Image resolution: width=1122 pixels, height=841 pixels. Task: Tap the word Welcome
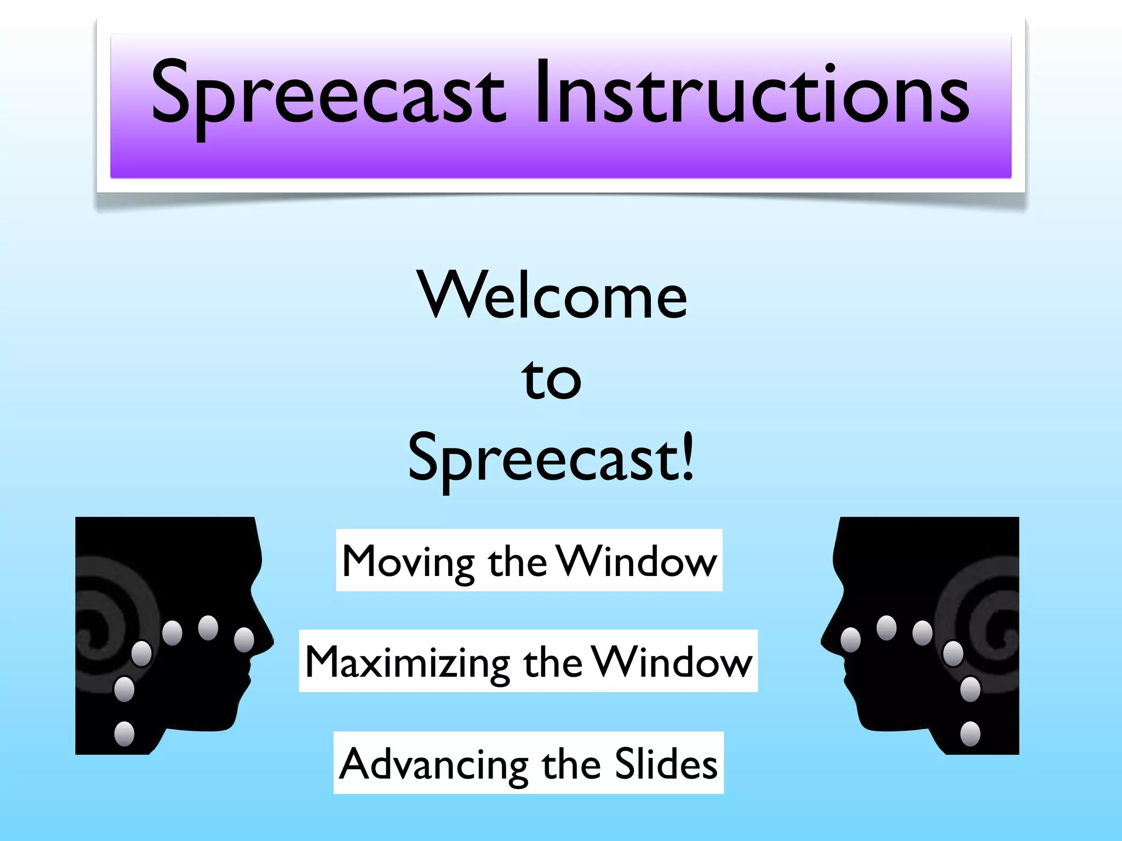coord(552,296)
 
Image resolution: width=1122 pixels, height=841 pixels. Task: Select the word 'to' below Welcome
coord(551,379)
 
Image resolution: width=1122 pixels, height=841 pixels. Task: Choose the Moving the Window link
coord(529,561)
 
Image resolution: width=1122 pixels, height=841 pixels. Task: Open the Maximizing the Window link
coord(528,661)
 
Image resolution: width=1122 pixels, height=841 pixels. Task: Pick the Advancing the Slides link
coord(528,763)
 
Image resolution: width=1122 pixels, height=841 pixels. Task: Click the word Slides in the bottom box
coord(666,763)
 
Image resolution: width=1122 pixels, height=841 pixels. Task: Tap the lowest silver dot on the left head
coord(124,734)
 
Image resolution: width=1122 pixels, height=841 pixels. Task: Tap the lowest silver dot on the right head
coord(970,734)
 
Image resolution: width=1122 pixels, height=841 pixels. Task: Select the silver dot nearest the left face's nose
coord(244,640)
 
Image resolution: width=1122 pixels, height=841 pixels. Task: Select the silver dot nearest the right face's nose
coord(850,640)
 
